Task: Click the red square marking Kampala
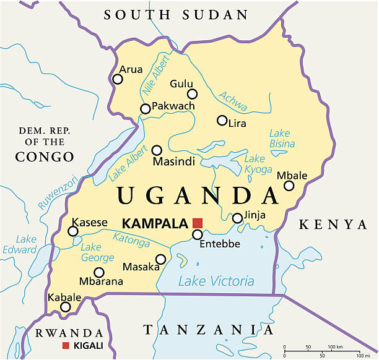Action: [198, 223]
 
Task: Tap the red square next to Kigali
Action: [66, 345]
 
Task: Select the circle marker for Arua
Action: [118, 79]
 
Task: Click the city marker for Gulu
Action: [193, 94]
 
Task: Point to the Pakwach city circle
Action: [145, 109]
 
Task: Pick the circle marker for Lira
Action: [222, 120]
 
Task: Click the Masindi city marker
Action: [157, 150]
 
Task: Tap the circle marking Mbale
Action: [289, 185]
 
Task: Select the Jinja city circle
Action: [237, 218]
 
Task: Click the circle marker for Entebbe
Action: [198, 234]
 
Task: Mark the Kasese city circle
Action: [73, 231]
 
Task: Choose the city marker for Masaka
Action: [161, 259]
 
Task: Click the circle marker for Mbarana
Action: [98, 272]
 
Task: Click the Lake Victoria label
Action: [216, 281]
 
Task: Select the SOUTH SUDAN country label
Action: [176, 15]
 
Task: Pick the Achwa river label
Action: [233, 101]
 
